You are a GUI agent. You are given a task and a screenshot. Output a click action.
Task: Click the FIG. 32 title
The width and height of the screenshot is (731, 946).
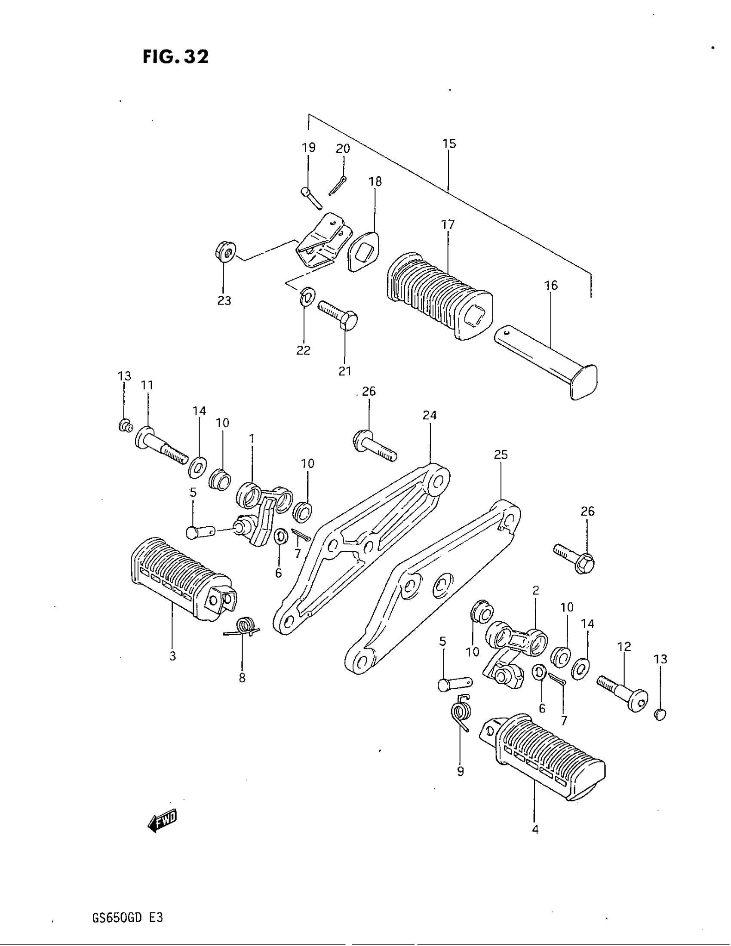[175, 57]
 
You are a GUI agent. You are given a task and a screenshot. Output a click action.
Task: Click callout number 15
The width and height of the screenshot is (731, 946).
[449, 144]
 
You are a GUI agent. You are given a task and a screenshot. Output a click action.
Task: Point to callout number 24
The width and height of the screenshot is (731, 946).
[430, 415]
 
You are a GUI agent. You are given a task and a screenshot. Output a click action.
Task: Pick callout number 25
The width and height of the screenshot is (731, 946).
[501, 455]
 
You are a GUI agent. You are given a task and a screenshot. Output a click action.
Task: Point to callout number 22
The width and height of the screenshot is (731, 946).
[303, 350]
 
